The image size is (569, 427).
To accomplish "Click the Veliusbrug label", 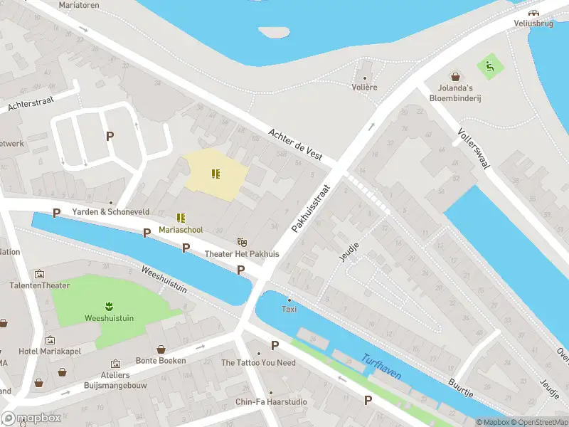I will pos(533,23).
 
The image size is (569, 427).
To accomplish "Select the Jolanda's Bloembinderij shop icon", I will pos(455,75).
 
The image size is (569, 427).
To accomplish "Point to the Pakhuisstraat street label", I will pos(312,209).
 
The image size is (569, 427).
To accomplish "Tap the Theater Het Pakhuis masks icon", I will pos(242,243).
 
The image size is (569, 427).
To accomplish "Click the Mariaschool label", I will pos(181,230).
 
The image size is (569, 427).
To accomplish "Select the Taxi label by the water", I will pos(289,309).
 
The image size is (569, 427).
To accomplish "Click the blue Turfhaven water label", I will pos(381,367).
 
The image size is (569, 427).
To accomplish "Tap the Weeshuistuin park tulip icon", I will pos(110,307).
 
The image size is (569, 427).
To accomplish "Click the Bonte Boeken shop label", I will pos(161,360).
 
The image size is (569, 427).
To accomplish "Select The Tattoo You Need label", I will pos(258,363).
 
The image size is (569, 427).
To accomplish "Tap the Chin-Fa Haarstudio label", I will pos(271,402).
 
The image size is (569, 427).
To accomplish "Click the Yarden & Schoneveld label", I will pos(110,212).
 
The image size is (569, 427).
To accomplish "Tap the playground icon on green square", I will pos(489,67).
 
